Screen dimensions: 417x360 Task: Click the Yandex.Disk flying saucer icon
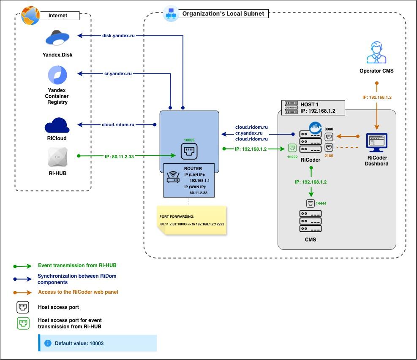point(57,38)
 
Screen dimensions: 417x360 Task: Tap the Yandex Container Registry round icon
point(57,75)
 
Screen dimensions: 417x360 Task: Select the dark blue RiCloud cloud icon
point(57,125)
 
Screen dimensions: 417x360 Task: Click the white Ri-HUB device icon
point(58,157)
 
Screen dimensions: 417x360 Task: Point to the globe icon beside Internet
point(30,16)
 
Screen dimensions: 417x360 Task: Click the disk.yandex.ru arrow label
point(118,35)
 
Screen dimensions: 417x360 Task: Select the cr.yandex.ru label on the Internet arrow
point(118,73)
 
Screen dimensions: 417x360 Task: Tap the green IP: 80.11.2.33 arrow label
point(119,157)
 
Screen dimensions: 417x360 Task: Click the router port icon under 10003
point(189,151)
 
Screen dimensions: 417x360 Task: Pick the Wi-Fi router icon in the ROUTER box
point(173,177)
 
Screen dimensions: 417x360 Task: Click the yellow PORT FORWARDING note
point(192,220)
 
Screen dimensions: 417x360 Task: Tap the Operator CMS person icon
point(376,52)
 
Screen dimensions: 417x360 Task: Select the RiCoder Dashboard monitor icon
point(376,142)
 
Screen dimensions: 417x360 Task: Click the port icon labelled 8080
point(329,137)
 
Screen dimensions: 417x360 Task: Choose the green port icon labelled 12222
point(292,148)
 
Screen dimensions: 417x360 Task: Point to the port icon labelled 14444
point(311,203)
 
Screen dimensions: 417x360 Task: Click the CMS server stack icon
point(311,221)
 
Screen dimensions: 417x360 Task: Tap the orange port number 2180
point(329,156)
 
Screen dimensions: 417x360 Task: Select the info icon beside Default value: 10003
point(48,343)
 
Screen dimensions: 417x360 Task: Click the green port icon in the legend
point(23,323)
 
